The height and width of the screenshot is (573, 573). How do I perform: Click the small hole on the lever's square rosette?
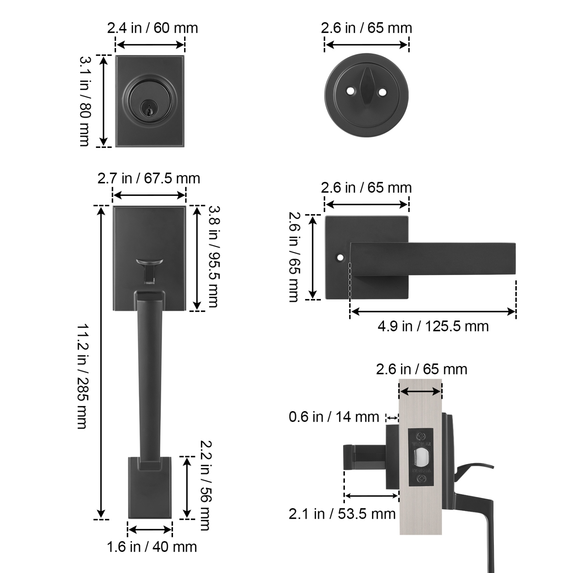[340, 258]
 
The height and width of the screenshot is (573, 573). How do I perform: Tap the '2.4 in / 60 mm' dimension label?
[152, 28]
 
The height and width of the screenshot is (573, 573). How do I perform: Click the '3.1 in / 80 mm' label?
[85, 101]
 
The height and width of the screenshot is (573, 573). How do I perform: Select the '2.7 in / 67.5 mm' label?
[149, 178]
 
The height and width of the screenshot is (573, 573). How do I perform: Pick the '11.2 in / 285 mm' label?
[82, 376]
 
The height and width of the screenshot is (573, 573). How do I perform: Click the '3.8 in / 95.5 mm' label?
[214, 256]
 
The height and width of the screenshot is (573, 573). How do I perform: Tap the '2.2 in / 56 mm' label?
[206, 485]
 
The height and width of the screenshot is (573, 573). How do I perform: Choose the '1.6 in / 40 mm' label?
[152, 547]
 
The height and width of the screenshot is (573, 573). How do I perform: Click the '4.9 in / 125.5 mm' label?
[433, 326]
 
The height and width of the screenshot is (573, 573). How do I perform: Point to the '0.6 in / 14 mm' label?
[334, 417]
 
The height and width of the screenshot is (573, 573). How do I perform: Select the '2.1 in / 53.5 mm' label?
[342, 514]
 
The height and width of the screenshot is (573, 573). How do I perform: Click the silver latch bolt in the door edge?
[421, 457]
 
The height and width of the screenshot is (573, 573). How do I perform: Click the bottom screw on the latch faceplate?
[421, 478]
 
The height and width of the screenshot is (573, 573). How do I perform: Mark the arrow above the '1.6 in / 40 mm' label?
[150, 530]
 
